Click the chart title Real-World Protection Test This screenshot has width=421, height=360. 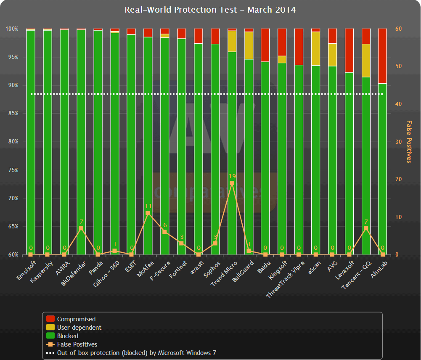pos(210,9)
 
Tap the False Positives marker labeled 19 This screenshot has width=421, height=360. pos(232,183)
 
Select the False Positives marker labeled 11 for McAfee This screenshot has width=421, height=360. pos(148,213)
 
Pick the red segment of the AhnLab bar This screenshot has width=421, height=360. pos(382,56)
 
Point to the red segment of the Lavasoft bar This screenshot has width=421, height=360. pos(349,50)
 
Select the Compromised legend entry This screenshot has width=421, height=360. pos(76,319)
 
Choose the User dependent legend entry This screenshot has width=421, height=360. pos(79,328)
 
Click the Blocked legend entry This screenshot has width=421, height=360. pos(67,336)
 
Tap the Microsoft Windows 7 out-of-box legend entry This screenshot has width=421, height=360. pos(136,353)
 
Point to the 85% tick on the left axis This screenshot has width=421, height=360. pos(12,114)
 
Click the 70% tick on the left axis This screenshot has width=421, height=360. pos(12,198)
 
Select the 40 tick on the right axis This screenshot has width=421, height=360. pos(397,104)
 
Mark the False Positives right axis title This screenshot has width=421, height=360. pos(408,141)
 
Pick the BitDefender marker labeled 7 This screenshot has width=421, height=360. pos(81,228)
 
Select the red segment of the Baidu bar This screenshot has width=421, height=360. pos(265,45)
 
